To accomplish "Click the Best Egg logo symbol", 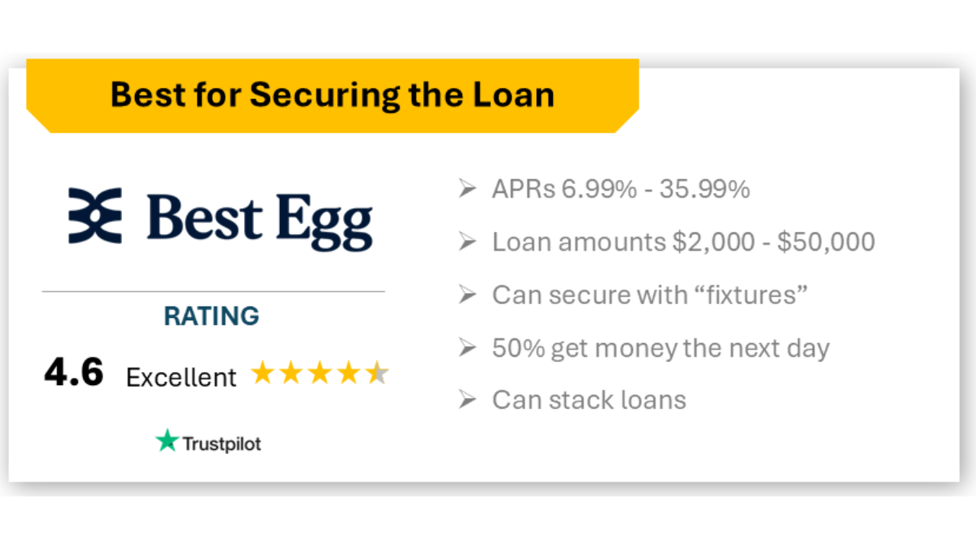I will coord(95,216).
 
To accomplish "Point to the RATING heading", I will coord(211,316).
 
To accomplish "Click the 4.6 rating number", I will coord(73,374).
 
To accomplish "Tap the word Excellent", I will coord(181,377).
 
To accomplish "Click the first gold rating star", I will coord(262,374).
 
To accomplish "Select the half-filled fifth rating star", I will coord(377,374).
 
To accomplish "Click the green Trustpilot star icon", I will coord(166,441).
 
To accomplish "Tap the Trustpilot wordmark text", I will coord(221,444).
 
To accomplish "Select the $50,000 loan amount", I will coord(825,242).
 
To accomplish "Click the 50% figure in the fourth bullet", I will coord(518,348).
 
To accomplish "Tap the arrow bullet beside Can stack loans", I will coord(467,400).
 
